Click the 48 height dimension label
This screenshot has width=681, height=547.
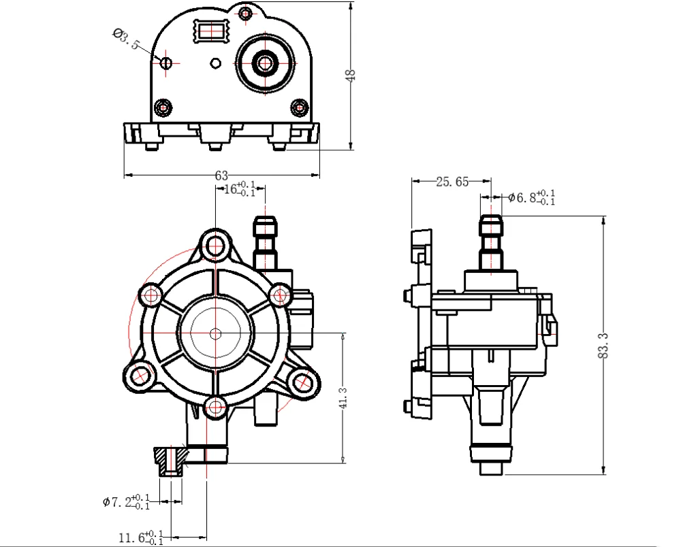click(x=351, y=75)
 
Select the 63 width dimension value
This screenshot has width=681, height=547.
click(x=221, y=176)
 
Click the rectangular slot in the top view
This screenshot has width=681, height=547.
click(x=214, y=31)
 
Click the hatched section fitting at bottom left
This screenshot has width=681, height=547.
click(x=170, y=461)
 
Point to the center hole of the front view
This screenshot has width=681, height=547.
click(x=216, y=333)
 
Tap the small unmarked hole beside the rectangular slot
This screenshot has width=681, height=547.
click(x=216, y=63)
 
